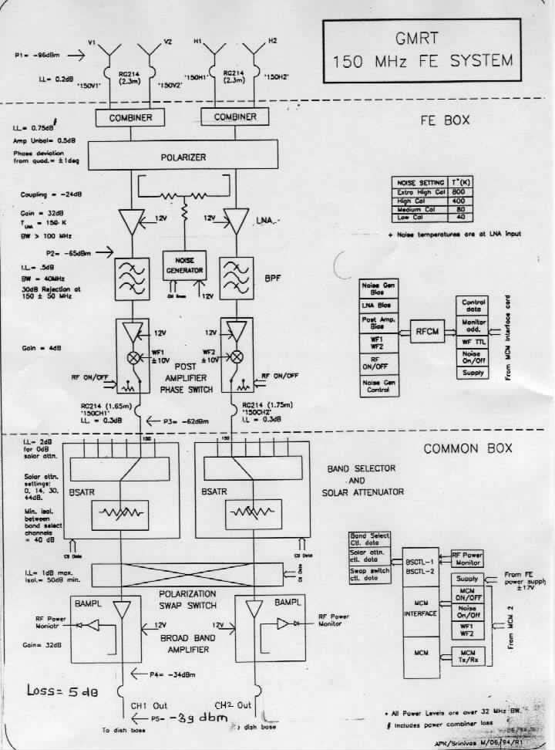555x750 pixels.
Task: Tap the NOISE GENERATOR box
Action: tap(182, 266)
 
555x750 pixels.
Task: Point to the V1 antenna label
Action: tap(92, 41)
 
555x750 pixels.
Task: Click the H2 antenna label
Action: tap(273, 41)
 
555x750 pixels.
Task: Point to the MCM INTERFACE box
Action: tap(420, 610)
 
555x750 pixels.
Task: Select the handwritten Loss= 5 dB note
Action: tap(63, 691)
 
